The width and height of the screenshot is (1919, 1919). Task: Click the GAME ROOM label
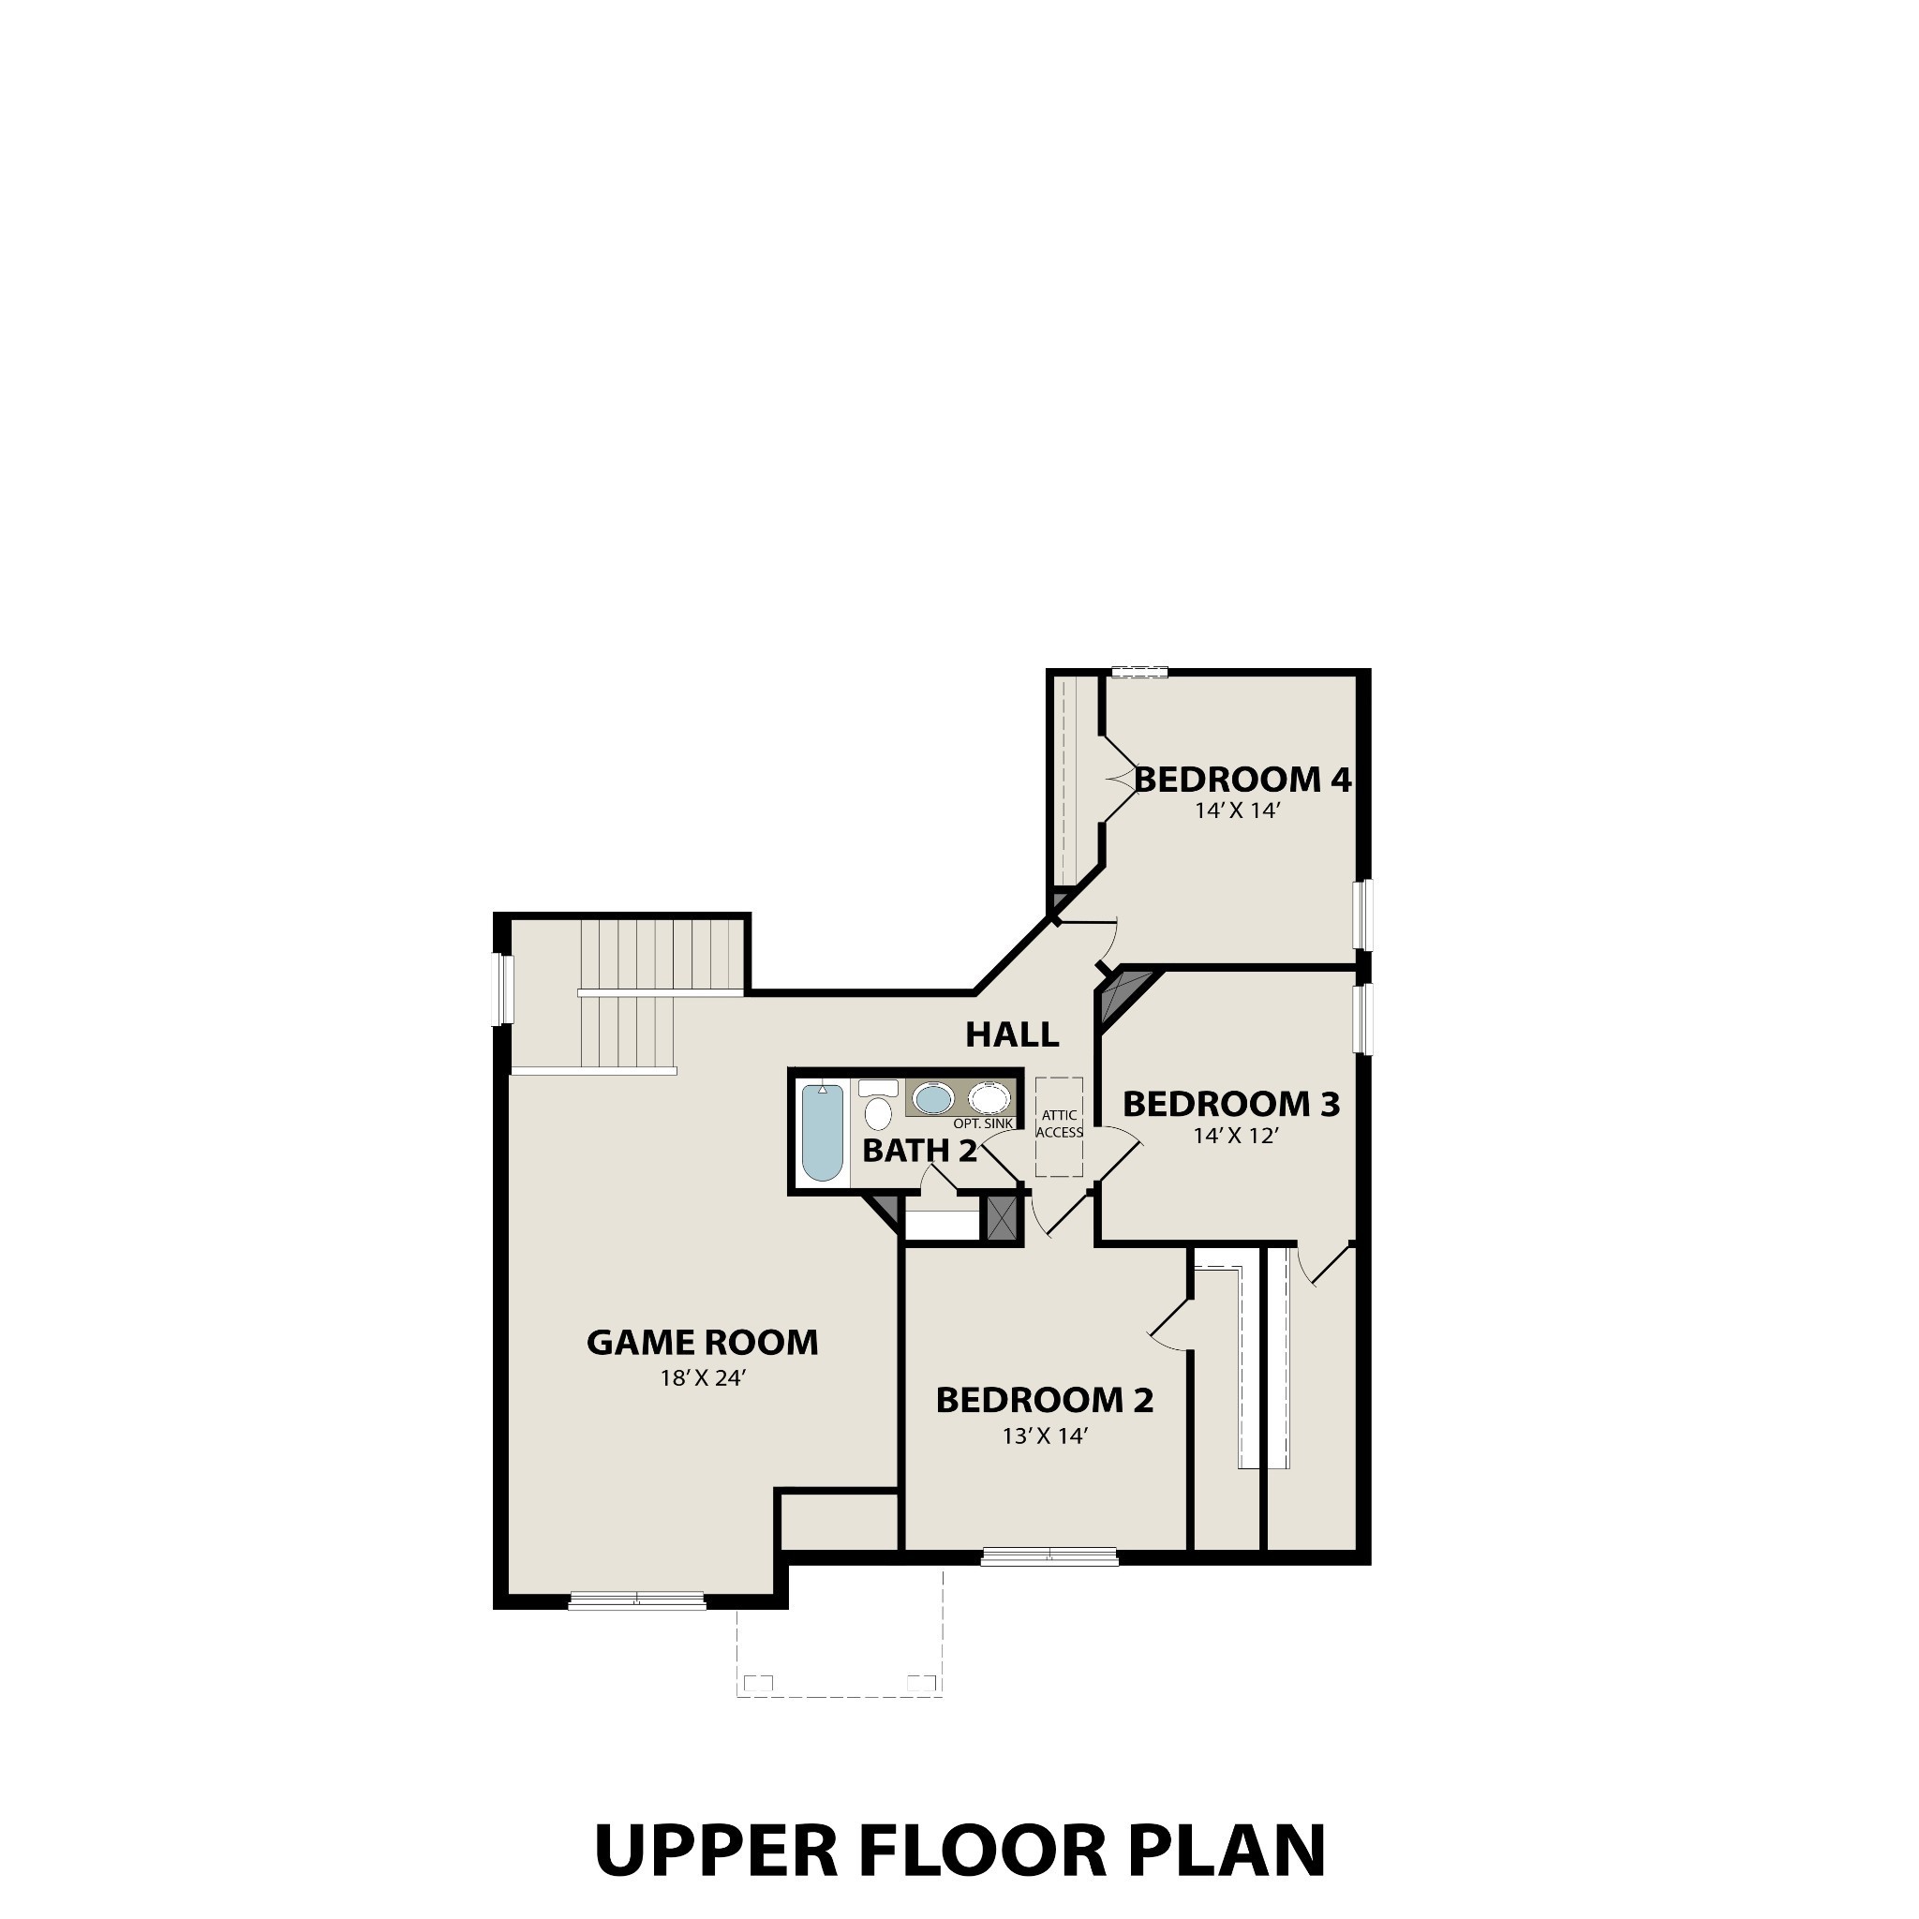point(702,1343)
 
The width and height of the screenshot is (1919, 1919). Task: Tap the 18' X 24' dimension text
point(702,1377)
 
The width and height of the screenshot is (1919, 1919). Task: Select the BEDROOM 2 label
point(1044,1401)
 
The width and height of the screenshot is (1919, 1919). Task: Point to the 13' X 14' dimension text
point(1044,1436)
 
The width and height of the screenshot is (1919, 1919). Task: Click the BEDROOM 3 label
point(1230,1104)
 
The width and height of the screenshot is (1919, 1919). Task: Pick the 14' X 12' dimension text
point(1235,1136)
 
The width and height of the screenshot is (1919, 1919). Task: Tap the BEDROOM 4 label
point(1242,780)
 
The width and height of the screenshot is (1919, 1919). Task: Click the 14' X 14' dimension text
point(1237,811)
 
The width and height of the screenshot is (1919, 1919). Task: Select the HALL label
point(1012,1035)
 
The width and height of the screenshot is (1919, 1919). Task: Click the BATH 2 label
point(919,1152)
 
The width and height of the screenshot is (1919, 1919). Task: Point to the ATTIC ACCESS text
point(1059,1123)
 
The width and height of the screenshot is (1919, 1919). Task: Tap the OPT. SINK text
point(982,1123)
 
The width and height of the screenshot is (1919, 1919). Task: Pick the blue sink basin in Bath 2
point(932,1098)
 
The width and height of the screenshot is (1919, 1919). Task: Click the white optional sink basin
point(989,1098)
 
